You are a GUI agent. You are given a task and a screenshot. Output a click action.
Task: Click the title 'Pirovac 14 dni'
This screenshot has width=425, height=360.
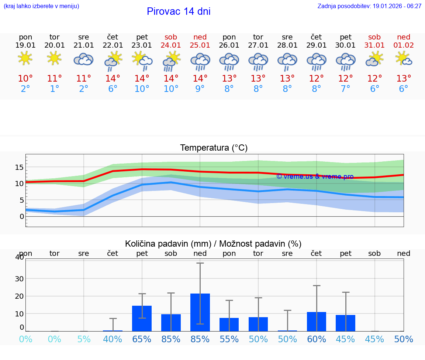[179, 11]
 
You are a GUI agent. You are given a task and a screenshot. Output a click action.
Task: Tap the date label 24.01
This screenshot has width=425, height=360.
[171, 45]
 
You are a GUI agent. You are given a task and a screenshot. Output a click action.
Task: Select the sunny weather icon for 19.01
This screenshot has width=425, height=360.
[25, 59]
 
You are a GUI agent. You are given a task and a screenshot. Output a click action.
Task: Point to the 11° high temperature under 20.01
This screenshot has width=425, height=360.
[55, 78]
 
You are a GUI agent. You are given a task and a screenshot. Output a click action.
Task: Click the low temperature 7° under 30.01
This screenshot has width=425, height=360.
[345, 89]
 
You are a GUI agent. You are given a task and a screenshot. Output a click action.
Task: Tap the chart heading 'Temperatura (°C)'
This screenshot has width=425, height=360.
[214, 148]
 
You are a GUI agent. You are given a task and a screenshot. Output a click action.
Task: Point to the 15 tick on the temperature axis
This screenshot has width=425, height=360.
[19, 167]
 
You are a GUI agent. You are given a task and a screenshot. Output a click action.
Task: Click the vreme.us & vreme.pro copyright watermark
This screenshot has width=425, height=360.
[315, 176]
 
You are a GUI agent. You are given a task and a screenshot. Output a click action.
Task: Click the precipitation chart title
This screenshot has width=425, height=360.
[213, 244]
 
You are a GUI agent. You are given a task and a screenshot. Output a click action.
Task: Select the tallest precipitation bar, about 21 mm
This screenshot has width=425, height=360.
[200, 312]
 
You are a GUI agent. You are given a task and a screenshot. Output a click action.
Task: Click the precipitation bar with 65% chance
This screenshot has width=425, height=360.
[142, 318]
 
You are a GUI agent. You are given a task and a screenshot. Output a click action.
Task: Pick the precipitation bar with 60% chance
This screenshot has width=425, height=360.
[317, 322]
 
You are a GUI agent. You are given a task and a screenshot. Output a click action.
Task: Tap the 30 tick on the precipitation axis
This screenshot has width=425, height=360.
[19, 278]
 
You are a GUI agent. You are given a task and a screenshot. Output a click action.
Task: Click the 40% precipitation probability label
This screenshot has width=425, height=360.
[113, 339]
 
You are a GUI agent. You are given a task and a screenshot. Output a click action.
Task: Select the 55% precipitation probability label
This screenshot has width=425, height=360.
[229, 339]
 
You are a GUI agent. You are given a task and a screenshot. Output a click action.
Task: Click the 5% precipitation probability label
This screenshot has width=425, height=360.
[84, 339]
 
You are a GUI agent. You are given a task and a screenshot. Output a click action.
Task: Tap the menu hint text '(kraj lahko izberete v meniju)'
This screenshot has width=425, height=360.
[41, 6]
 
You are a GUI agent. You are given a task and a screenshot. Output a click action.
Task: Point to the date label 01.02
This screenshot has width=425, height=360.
[404, 45]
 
